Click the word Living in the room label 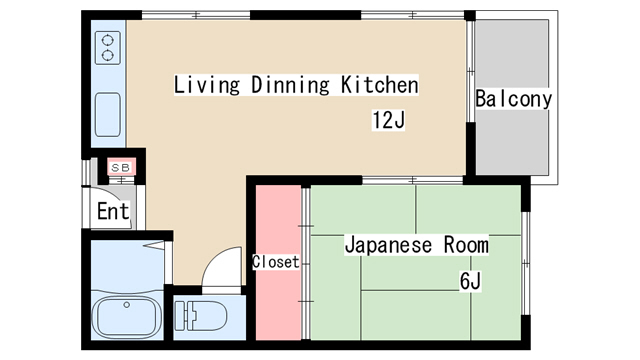tap(207, 85)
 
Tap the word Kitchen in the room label tap(380, 84)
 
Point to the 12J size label tap(388, 120)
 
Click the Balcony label tap(513, 99)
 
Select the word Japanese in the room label tap(388, 245)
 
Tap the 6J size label tap(470, 281)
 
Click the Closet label tap(276, 262)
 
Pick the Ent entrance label tap(113, 211)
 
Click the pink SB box tap(121, 167)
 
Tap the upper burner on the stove tap(108, 40)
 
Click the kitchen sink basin tap(108, 115)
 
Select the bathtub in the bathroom tap(127, 317)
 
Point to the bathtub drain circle tap(127, 305)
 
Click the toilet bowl tap(209, 316)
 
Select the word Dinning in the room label tap(290, 85)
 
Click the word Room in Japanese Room tap(466, 245)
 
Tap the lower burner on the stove tap(108, 55)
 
